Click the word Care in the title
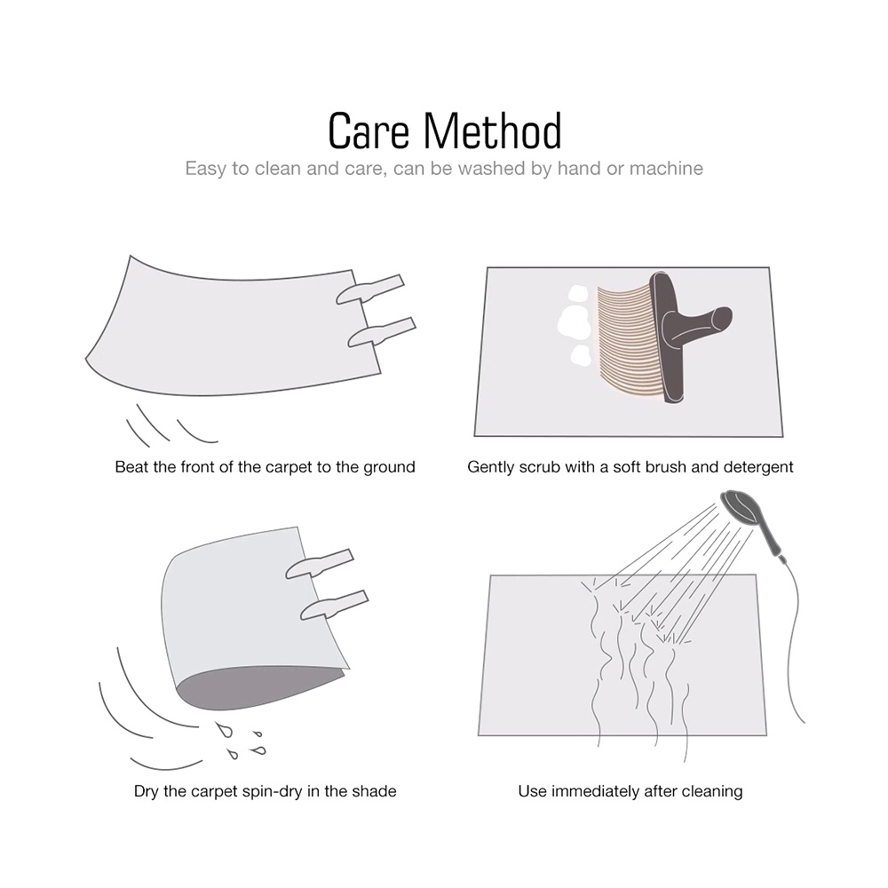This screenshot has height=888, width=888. [369, 131]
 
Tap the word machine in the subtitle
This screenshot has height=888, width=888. [666, 168]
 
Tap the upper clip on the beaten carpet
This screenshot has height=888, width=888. [369, 289]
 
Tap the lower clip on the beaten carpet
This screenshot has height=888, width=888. [382, 332]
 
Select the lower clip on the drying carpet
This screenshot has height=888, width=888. [334, 606]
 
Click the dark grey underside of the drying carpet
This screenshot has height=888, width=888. [255, 687]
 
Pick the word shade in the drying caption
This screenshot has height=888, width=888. [375, 791]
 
